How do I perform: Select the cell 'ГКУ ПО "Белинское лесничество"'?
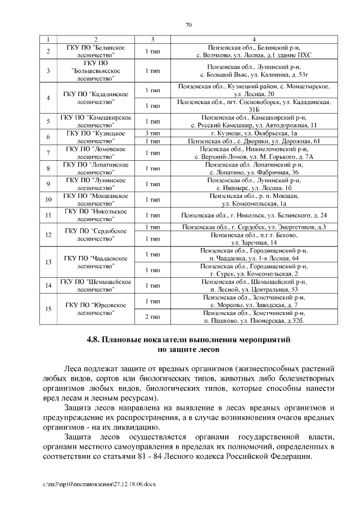point(96,52)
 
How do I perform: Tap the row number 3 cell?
point(48,71)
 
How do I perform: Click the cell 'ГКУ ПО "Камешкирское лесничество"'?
point(96,121)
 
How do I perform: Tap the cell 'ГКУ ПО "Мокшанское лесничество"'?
point(96,199)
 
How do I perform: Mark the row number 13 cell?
point(48,262)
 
